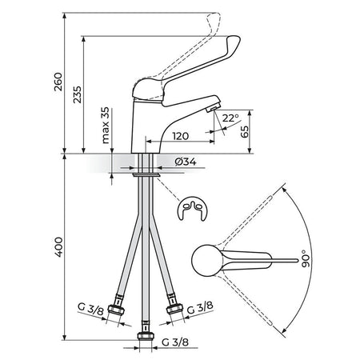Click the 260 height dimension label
pyautogui.click(x=58, y=82)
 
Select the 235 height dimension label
pyautogui.click(x=78, y=94)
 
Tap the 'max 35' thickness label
pyautogui.click(x=106, y=126)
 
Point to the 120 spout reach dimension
pyautogui.click(x=181, y=136)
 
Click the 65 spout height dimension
pyautogui.click(x=244, y=131)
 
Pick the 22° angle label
pyautogui.click(x=230, y=118)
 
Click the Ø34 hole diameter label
pyautogui.click(x=186, y=162)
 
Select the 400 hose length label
pyautogui.click(x=58, y=247)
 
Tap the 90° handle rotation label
pyautogui.click(x=306, y=258)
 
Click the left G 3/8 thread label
pyautogui.click(x=90, y=309)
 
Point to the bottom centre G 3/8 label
pyautogui.click(x=175, y=342)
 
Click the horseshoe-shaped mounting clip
pyautogui.click(x=192, y=209)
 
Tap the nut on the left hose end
pyautogui.click(x=116, y=310)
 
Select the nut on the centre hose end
pyautogui.click(x=146, y=335)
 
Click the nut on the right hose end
pyautogui.click(x=174, y=309)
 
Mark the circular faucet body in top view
pyautogui.click(x=207, y=260)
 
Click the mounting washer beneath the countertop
pyautogui.click(x=146, y=174)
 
